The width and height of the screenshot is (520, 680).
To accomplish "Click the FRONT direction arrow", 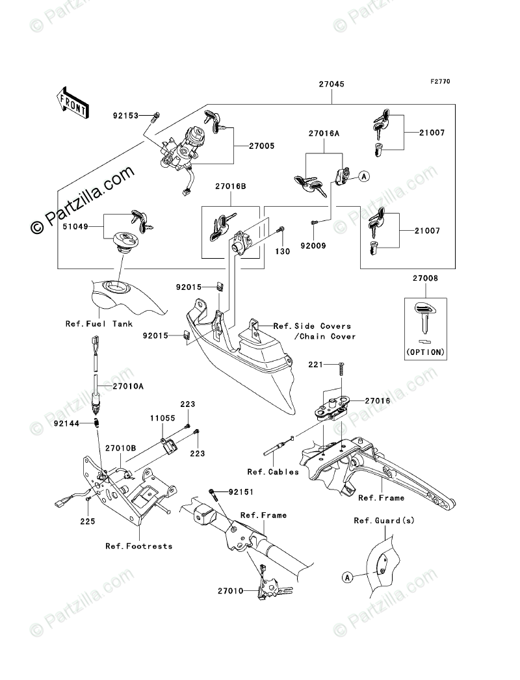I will (72, 101).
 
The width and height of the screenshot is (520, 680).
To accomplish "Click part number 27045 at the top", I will (331, 85).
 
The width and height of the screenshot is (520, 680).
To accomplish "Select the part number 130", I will (283, 251).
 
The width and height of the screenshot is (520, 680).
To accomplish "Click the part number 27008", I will (426, 278).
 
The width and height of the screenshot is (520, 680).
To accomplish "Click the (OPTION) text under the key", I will (426, 352).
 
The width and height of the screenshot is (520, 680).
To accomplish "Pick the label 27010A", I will (128, 386).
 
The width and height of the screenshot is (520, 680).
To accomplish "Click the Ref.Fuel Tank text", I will (99, 324).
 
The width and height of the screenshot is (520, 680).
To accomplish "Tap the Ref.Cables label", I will (273, 471).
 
